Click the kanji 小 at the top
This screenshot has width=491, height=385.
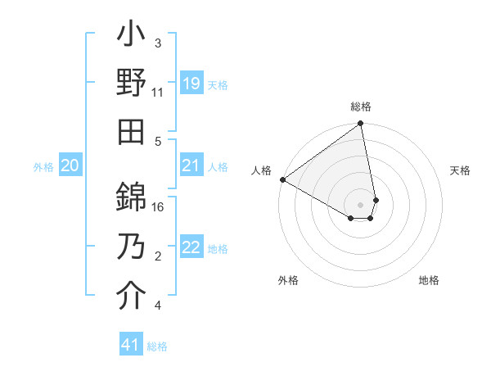pos(131,36)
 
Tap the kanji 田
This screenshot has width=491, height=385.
pos(131,131)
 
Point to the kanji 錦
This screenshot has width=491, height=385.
pos(131,197)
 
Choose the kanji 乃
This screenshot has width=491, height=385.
pos(131,247)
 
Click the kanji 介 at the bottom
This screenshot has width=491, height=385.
pos(131,296)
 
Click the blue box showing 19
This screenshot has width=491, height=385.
pos(191,84)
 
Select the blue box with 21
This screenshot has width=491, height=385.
pos(191,166)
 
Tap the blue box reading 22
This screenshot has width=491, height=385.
pos(191,248)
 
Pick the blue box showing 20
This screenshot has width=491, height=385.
pos(70,166)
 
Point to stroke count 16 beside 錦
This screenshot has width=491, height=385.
pos(159,207)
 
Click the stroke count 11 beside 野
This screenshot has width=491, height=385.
pos(158,92)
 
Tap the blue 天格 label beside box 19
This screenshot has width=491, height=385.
pos(218,84)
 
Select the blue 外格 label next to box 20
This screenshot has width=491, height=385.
pos(43,167)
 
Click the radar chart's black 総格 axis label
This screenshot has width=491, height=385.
pos(361,106)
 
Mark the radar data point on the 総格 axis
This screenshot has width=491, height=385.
pos(360,125)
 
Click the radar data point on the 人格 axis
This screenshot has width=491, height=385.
pos(282,179)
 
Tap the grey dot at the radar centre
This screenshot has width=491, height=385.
pos(360,203)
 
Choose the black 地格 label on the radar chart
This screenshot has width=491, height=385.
pos(429,280)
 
